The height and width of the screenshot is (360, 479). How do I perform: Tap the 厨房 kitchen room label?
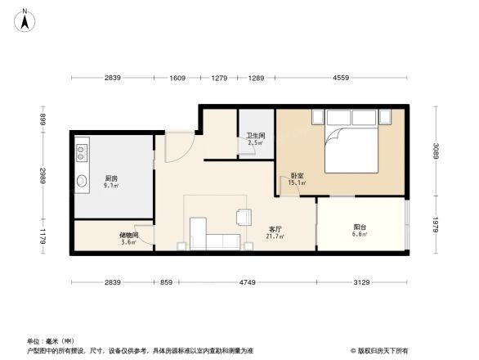110,178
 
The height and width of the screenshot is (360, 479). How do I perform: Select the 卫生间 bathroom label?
256,140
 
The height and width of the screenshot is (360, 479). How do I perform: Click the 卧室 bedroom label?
298,177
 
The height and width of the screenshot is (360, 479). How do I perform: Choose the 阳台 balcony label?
360,228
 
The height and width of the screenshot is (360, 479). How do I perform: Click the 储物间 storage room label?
128,236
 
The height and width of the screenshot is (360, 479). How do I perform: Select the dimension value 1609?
177,78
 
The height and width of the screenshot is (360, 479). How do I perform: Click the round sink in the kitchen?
82,181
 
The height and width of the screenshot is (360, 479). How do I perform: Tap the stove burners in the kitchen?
82,152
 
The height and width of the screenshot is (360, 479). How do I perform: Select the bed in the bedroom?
351,143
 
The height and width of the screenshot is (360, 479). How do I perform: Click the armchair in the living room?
244,217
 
